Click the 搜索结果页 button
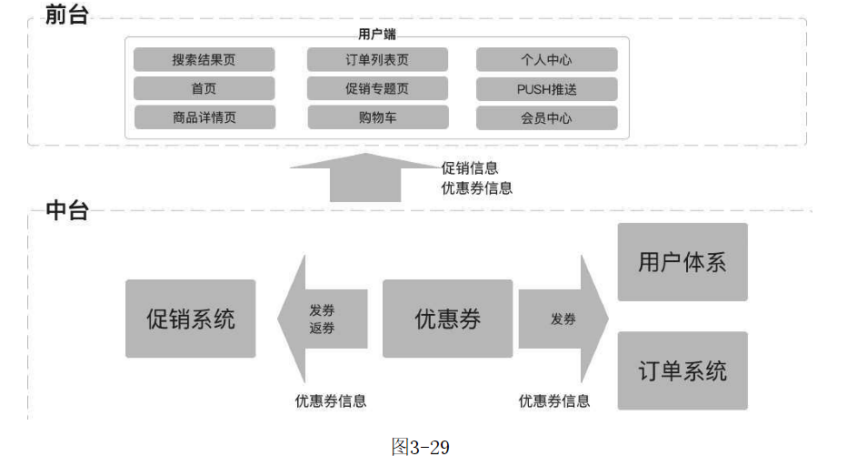[x=204, y=60]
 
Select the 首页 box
[x=204, y=88]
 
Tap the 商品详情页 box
[x=204, y=117]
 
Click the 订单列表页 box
[x=377, y=60]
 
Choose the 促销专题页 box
[x=377, y=88]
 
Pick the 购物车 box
[x=377, y=117]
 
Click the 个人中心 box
[x=546, y=60]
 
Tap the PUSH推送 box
[x=546, y=88]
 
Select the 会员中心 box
[x=546, y=117]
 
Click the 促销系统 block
[x=191, y=319]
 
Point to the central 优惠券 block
[x=447, y=319]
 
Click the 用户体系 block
[x=683, y=262]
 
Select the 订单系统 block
[x=683, y=370]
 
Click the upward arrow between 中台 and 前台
[x=364, y=178]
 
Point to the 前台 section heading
[x=67, y=15]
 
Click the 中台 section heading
[x=67, y=211]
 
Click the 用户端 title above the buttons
[x=377, y=34]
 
